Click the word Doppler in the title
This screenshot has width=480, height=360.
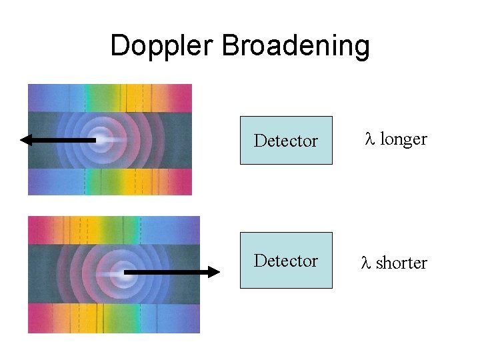pos(162,46)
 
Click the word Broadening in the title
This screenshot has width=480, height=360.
pos(295,46)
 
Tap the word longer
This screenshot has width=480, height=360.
pos(403,139)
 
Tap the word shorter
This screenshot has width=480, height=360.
pos(401,263)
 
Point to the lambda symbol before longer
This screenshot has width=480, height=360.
pos(370,139)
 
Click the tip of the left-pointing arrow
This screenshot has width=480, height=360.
pos(22,140)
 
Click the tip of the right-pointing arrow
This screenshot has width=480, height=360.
pos(217,272)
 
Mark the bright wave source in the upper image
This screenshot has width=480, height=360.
pos(101,139)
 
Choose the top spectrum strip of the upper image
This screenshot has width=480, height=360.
pos(109,97)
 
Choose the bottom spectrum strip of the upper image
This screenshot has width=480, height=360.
pos(109,181)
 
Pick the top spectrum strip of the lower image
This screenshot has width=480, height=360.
pos(113,230)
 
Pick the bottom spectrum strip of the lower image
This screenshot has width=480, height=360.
pos(113,318)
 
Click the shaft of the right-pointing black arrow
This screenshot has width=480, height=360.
pos(167,272)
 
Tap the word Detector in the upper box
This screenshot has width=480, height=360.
pos(286,141)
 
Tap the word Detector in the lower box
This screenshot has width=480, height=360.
pos(286,261)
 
